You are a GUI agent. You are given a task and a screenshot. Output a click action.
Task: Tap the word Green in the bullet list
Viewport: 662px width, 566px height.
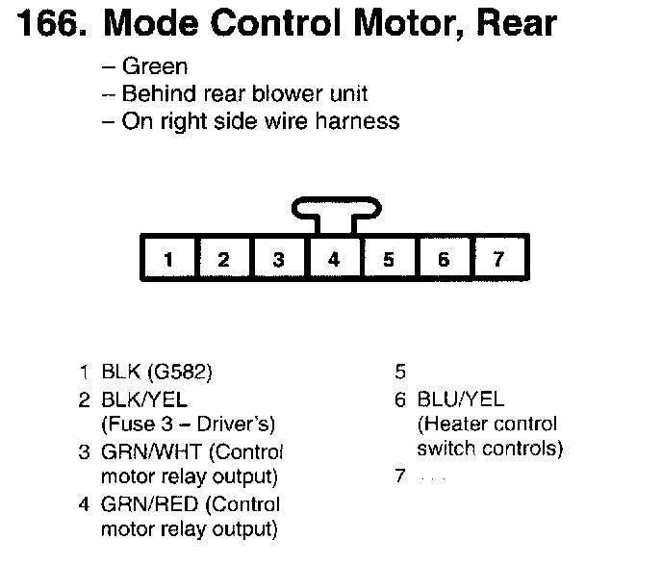click(x=155, y=67)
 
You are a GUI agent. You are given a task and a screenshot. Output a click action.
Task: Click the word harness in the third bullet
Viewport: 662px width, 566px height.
click(x=353, y=122)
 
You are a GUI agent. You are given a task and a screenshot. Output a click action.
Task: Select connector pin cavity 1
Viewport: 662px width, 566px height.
click(x=168, y=259)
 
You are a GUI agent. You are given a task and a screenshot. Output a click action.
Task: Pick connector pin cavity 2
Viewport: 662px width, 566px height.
click(x=223, y=259)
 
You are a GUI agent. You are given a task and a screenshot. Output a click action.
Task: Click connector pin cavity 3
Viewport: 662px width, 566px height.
click(x=278, y=259)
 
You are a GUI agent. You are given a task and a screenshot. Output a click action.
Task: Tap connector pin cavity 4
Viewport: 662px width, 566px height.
click(x=333, y=259)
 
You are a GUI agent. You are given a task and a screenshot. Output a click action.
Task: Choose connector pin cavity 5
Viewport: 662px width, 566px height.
click(x=389, y=259)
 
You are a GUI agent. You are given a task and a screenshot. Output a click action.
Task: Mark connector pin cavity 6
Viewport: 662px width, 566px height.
click(x=444, y=259)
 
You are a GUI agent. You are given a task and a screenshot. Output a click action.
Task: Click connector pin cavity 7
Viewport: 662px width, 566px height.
click(x=497, y=259)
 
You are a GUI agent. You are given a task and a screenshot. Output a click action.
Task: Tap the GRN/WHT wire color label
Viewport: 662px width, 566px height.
click(x=145, y=451)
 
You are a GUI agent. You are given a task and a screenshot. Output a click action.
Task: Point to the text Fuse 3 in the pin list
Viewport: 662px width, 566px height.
click(x=133, y=424)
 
